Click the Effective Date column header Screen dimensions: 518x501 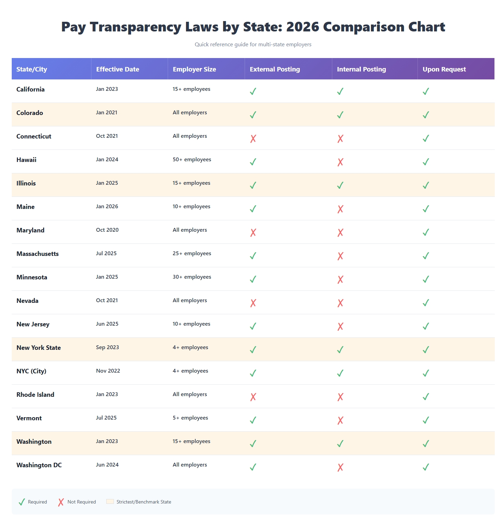(118, 69)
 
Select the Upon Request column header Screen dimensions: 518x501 (444, 69)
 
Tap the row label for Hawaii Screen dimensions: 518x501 (26, 160)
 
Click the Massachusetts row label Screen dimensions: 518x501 (38, 254)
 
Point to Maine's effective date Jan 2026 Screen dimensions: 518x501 (107, 207)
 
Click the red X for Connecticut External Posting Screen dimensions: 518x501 (253, 138)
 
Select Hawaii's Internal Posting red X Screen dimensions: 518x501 (340, 162)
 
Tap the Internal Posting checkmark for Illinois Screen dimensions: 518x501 (340, 185)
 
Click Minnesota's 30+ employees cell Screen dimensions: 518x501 (192, 277)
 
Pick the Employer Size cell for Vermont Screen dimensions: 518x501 (190, 418)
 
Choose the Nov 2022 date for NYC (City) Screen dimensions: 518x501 (108, 371)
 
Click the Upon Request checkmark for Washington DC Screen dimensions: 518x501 (426, 467)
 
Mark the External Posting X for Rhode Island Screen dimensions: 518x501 (253, 397)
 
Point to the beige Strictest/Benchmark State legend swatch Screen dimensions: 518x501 (110, 501)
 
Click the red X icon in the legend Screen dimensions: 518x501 (61, 502)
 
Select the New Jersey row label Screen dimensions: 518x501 (33, 324)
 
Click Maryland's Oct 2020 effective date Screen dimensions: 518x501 (107, 230)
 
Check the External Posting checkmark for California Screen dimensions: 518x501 (253, 92)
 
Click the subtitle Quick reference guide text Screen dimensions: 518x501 (253, 44)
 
